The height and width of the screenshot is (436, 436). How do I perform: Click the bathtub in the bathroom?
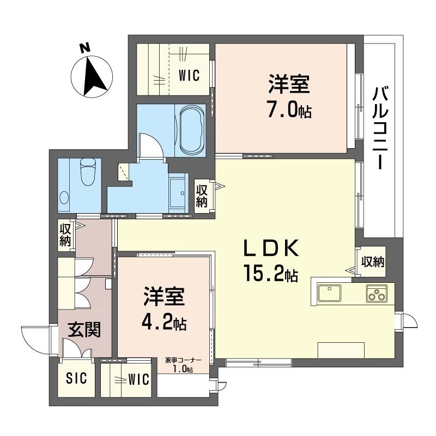192,130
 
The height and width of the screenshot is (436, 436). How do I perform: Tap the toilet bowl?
88,172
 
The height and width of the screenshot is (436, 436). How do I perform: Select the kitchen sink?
330,293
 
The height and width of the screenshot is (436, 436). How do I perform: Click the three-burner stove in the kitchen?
377,294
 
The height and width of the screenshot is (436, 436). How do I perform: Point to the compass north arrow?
94,76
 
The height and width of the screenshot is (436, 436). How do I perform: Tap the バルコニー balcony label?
380,128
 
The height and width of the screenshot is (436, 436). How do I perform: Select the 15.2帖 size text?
271,273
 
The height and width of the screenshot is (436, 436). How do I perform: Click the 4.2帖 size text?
164,322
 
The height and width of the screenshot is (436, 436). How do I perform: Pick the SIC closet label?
76,378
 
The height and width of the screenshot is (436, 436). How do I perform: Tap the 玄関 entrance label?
84,329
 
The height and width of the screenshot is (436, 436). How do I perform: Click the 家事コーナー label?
183,360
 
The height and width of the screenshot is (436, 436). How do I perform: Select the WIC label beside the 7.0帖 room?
189,75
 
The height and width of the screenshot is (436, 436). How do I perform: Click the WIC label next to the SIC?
139,379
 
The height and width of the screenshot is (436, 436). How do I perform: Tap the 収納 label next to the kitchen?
373,262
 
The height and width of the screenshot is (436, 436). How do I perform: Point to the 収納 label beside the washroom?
202,196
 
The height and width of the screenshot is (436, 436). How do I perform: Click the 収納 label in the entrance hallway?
65,235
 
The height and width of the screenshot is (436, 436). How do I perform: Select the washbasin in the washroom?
178,192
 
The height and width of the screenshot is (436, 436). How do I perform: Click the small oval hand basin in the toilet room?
64,198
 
